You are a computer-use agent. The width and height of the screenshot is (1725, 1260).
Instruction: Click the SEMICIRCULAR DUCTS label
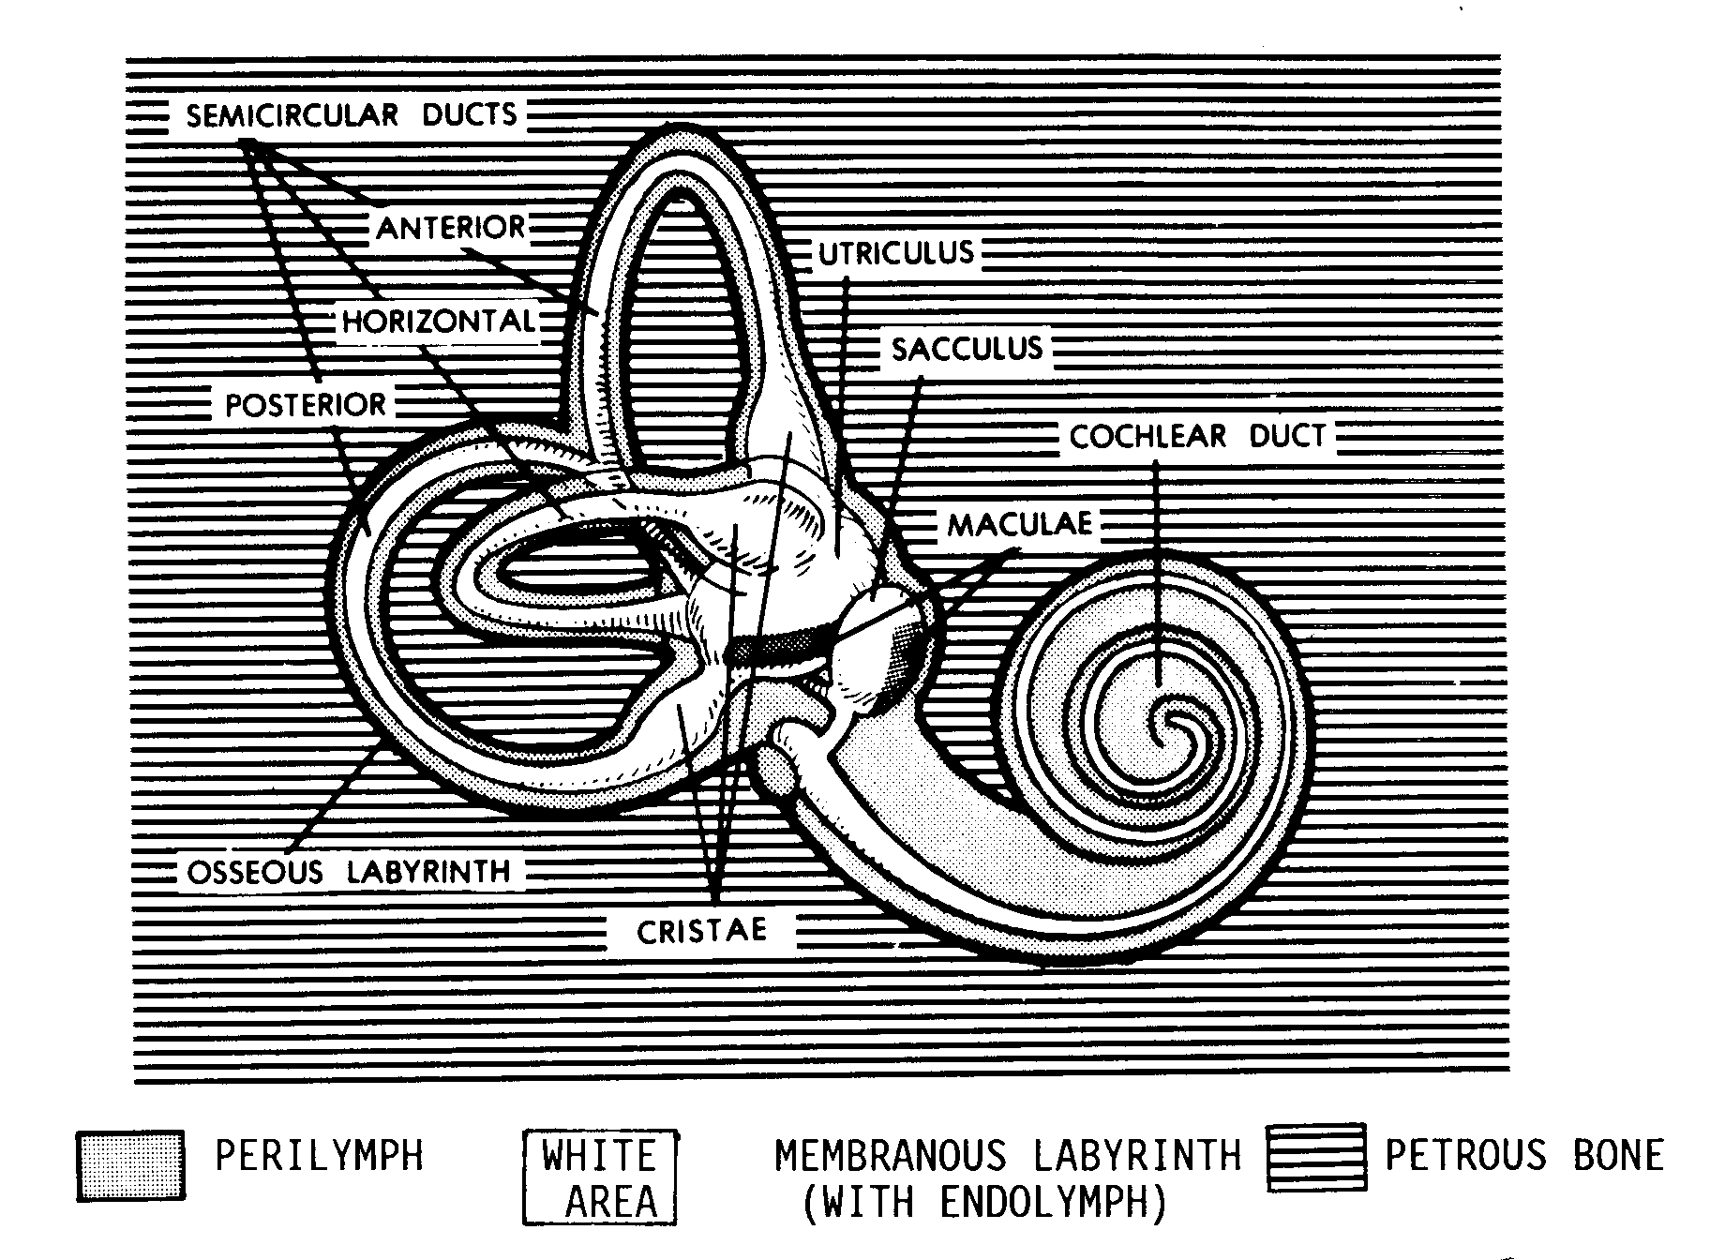pyautogui.click(x=352, y=115)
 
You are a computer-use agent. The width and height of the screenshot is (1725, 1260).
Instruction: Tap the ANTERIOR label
pyautogui.click(x=451, y=228)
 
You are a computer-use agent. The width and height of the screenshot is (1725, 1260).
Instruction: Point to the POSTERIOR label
pyautogui.click(x=306, y=405)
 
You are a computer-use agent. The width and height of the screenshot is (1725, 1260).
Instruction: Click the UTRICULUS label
pyautogui.click(x=896, y=253)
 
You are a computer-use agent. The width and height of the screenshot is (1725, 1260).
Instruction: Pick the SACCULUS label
pyautogui.click(x=967, y=349)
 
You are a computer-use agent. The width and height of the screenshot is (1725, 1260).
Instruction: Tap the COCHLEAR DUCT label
pyautogui.click(x=1198, y=436)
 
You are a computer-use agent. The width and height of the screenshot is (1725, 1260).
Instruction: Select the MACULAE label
pyautogui.click(x=1020, y=523)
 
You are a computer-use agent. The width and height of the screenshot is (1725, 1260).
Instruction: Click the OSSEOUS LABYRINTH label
pyautogui.click(x=349, y=872)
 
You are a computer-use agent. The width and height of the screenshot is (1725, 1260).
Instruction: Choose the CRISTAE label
pyautogui.click(x=701, y=931)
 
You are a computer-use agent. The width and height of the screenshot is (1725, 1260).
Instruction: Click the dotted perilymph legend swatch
pyautogui.click(x=130, y=1165)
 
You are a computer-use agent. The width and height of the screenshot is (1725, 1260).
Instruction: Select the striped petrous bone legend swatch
pyautogui.click(x=1315, y=1157)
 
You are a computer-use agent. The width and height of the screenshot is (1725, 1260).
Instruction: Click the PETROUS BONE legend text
pyautogui.click(x=1524, y=1155)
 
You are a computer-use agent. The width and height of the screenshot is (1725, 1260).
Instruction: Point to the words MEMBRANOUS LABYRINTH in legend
pyautogui.click(x=1008, y=1156)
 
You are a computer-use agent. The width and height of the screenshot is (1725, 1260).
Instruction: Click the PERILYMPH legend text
pyautogui.click(x=319, y=1155)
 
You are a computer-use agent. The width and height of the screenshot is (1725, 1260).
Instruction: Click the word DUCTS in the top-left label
pyautogui.click(x=469, y=115)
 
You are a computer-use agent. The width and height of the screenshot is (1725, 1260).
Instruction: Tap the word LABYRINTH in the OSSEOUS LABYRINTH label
pyautogui.click(x=428, y=872)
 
